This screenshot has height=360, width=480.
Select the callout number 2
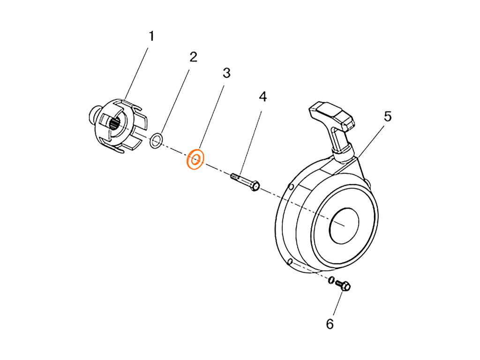click(x=193, y=57)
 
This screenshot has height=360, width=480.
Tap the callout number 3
click(x=226, y=73)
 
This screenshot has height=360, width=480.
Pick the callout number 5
click(x=387, y=117)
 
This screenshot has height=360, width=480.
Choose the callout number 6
click(x=330, y=323)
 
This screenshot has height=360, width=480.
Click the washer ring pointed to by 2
click(x=157, y=139)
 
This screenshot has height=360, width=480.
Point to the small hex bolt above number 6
click(x=345, y=285)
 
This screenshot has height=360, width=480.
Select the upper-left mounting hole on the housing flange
click(x=291, y=186)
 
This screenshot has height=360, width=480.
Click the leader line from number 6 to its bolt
click(x=337, y=305)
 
